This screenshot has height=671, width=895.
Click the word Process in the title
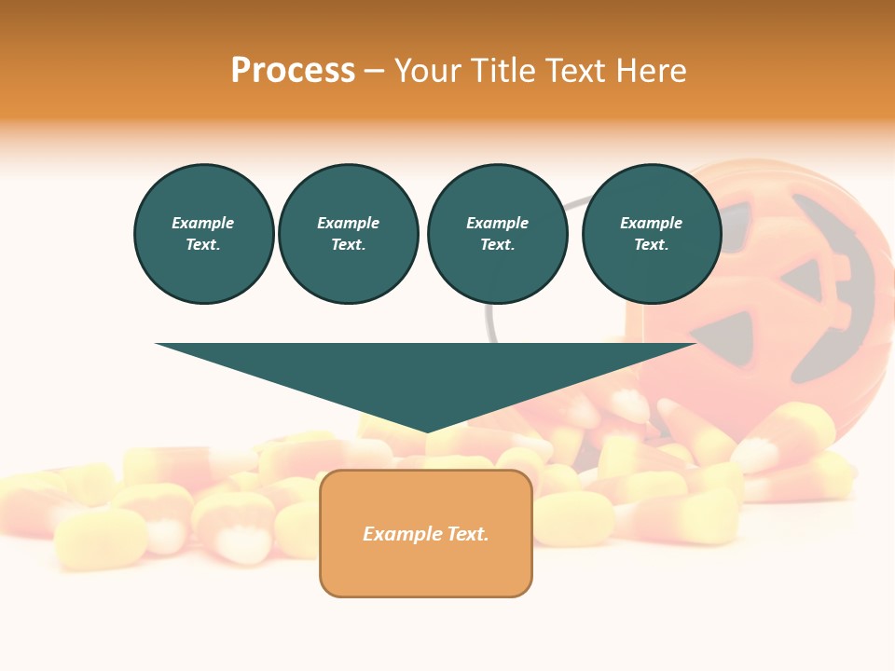click(293, 71)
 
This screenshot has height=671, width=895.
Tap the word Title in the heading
click(502, 71)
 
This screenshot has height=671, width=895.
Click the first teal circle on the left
click(203, 234)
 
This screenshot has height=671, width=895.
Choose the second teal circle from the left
click(349, 234)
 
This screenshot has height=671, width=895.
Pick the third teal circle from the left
click(497, 234)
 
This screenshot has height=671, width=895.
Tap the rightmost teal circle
click(651, 234)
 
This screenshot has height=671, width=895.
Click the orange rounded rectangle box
click(426, 559)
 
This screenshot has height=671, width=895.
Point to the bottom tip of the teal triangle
click(427, 431)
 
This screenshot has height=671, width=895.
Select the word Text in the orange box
click(468, 534)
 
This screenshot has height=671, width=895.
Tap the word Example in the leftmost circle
click(203, 223)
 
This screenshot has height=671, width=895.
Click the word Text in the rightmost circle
click(651, 245)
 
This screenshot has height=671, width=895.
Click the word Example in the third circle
click(497, 223)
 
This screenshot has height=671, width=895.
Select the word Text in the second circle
click(349, 245)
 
